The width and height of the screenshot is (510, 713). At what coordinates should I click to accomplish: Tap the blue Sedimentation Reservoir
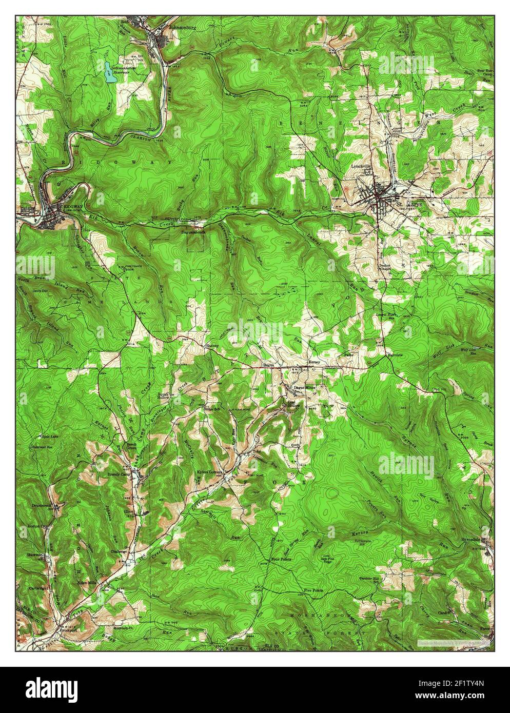tap(108, 73)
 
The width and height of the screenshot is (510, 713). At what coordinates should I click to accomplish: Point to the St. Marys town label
tap(409, 204)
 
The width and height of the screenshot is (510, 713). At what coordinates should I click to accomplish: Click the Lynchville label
tap(361, 167)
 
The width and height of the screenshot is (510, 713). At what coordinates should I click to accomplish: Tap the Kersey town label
tap(314, 362)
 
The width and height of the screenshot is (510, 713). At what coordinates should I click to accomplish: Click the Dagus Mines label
tap(304, 387)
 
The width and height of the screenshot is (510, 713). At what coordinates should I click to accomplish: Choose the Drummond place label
tap(38, 505)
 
